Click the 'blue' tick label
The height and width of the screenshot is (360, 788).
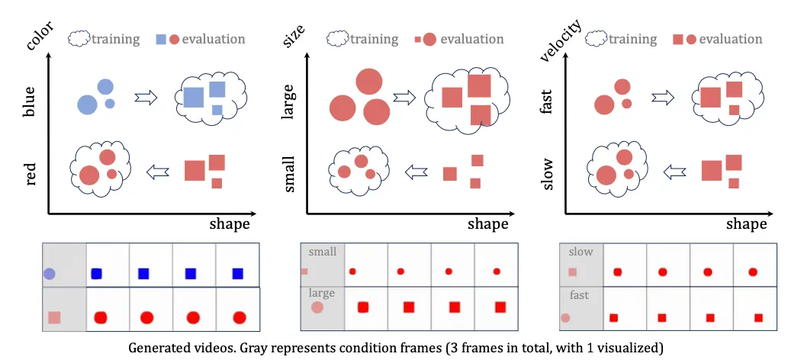point(30,101)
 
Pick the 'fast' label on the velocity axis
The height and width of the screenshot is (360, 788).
point(545,101)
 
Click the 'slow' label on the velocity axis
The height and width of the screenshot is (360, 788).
point(545,174)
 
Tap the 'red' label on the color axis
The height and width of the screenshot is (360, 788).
point(31,173)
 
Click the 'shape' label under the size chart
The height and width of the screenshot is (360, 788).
point(487,224)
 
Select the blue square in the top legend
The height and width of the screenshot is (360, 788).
point(161,39)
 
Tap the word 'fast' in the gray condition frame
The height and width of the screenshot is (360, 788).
point(579,294)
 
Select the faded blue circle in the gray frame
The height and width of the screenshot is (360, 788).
point(50,273)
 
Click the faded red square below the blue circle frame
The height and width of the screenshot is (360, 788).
point(55,317)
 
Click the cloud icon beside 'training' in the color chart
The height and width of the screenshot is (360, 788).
point(79,39)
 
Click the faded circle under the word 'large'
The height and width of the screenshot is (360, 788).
point(317,308)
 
